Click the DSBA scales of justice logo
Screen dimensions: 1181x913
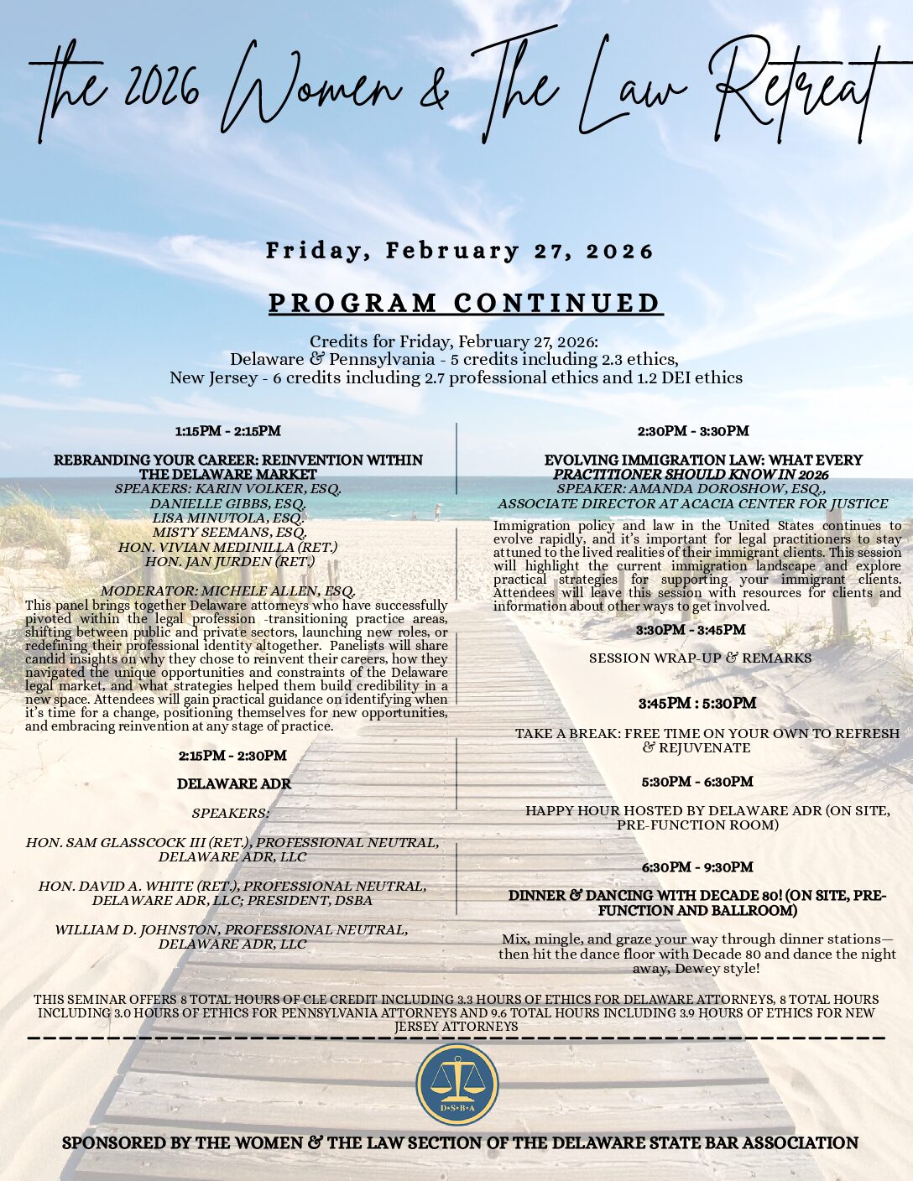pyautogui.click(x=457, y=1084)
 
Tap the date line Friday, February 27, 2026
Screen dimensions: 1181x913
pyautogui.click(x=460, y=251)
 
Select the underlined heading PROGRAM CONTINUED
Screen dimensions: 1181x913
pyautogui.click(x=465, y=303)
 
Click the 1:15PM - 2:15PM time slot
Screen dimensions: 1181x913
pyautogui.click(x=227, y=431)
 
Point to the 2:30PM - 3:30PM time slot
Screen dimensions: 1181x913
pyautogui.click(x=693, y=431)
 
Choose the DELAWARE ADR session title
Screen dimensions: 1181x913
pyautogui.click(x=234, y=783)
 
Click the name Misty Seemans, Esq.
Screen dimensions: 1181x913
pyautogui.click(x=229, y=532)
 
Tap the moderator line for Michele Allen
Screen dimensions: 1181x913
pyautogui.click(x=232, y=590)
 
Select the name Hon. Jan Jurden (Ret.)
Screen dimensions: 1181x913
pyautogui.click(x=229, y=561)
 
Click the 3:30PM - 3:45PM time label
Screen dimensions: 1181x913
pyautogui.click(x=691, y=629)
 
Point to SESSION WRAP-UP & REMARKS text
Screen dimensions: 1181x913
pyautogui.click(x=700, y=658)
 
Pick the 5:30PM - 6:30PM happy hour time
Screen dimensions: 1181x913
pyautogui.click(x=697, y=782)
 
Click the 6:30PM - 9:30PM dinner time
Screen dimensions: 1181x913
pyautogui.click(x=697, y=866)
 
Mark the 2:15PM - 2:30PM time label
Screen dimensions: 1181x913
pyautogui.click(x=232, y=755)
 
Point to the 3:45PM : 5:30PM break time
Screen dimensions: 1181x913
pyautogui.click(x=696, y=703)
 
